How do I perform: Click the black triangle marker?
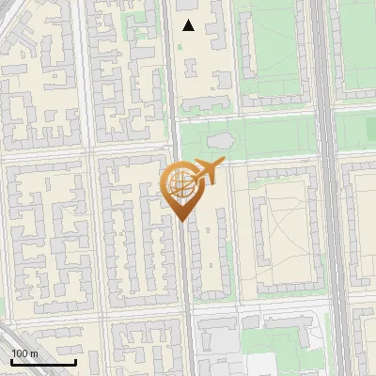pyautogui.click(x=189, y=25)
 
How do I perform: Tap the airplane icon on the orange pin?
pyautogui.click(x=207, y=172)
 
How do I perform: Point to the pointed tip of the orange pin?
pyautogui.click(x=180, y=221)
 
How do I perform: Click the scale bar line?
pyautogui.click(x=43, y=363)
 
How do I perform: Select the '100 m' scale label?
pyautogui.click(x=24, y=353)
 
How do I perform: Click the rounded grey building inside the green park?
pyautogui.click(x=220, y=141)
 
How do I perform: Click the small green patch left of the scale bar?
pyautogui.click(x=3, y=305)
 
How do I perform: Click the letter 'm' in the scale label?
pyautogui.click(x=33, y=353)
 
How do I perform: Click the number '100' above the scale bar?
pyautogui.click(x=20, y=353)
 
